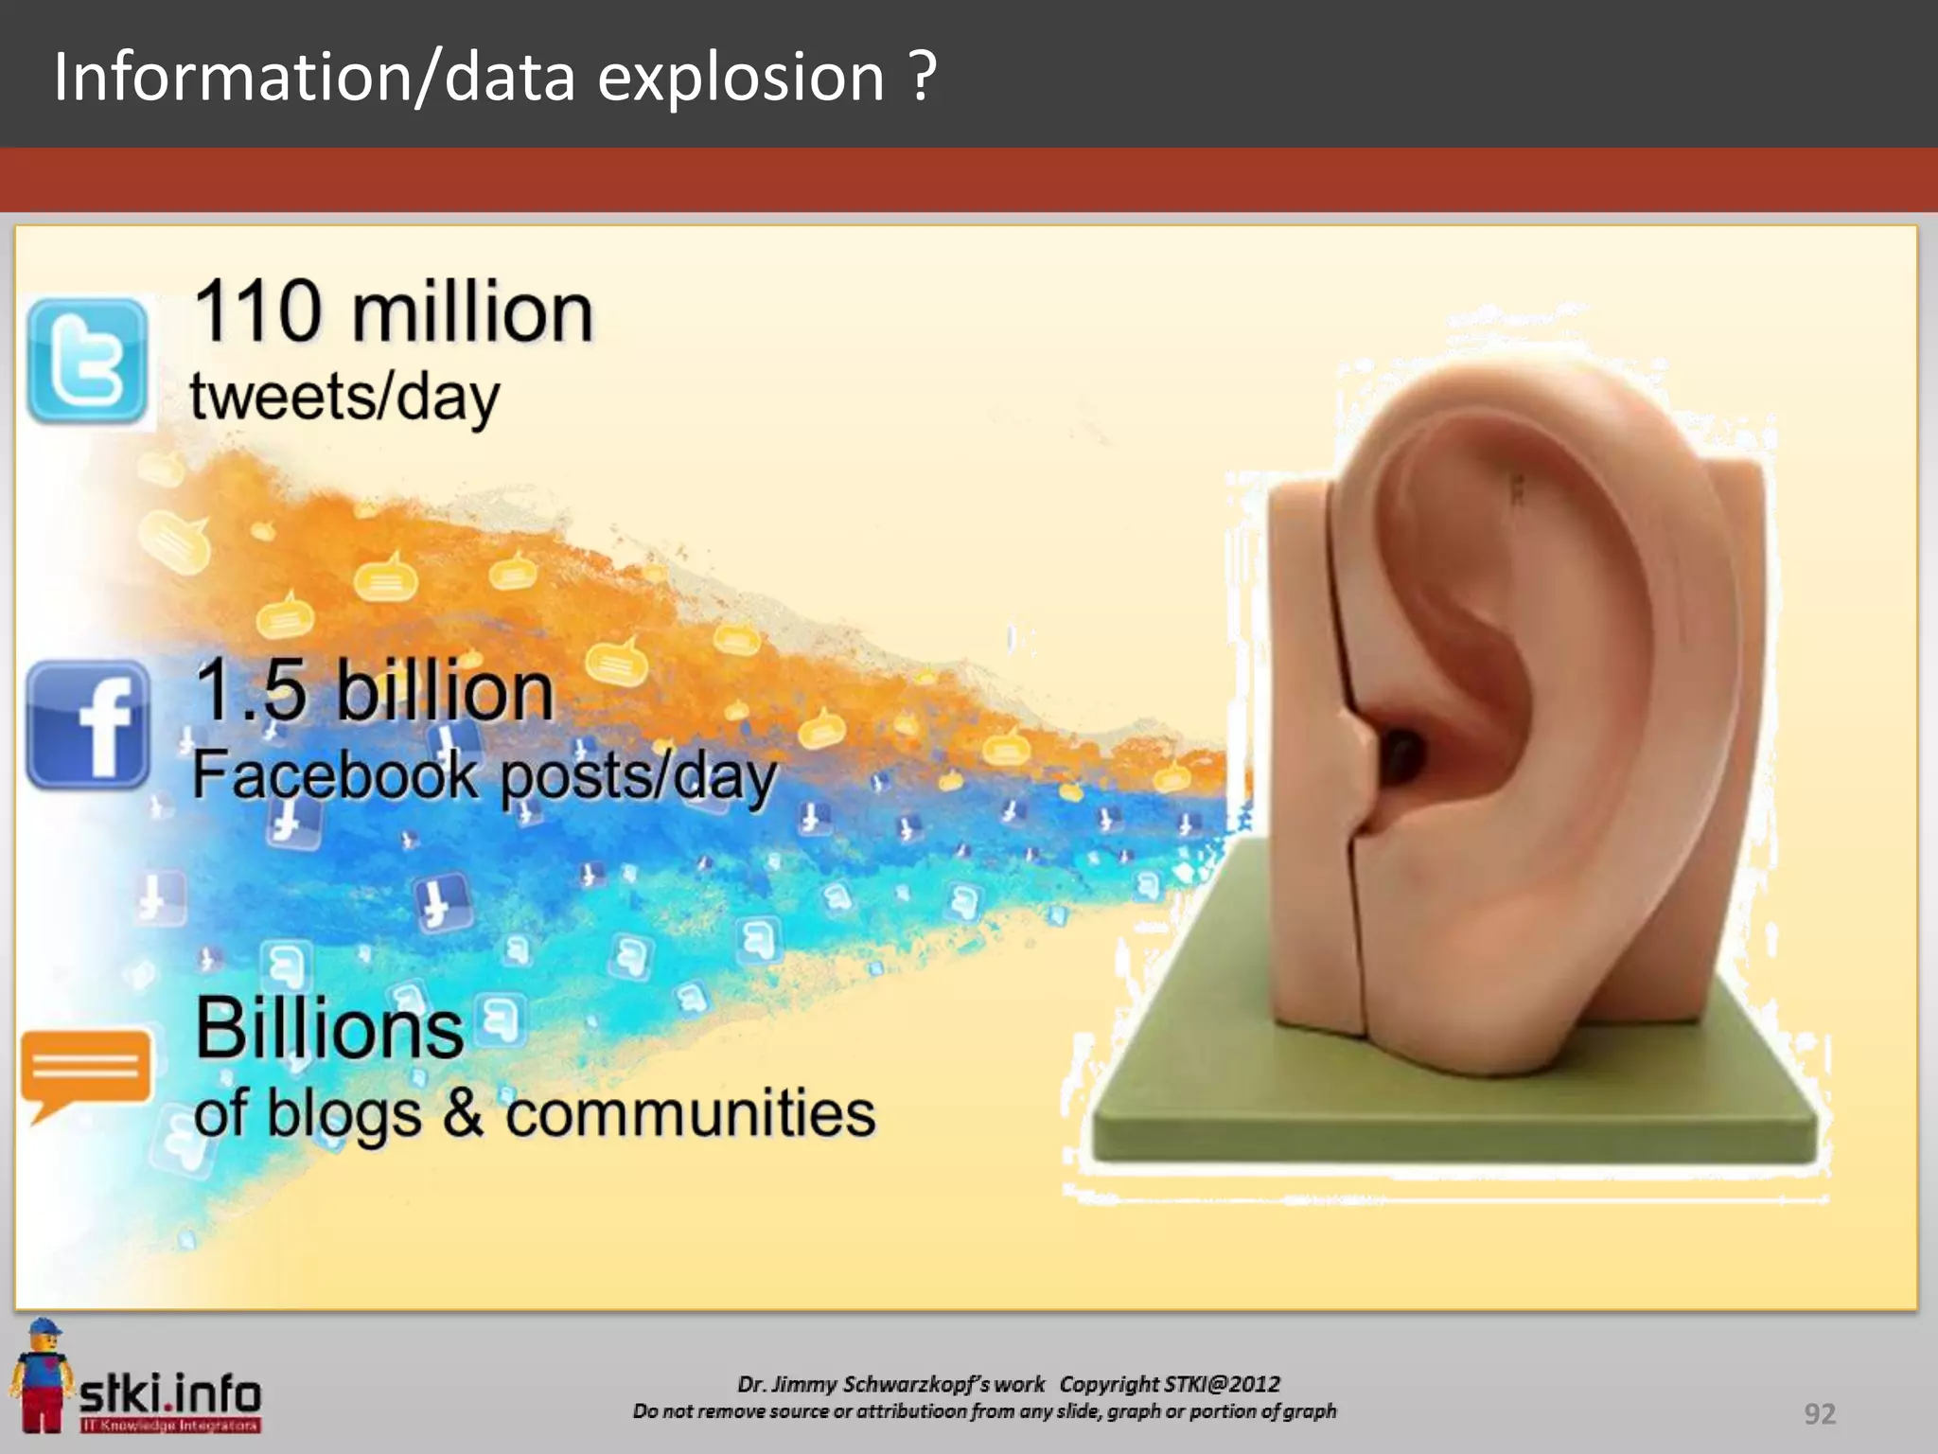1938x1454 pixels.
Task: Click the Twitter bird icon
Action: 87,362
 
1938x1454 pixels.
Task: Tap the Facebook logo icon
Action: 88,725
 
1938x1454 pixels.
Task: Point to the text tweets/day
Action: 344,398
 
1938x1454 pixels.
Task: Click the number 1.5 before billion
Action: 251,690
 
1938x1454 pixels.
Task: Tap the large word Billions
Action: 329,1029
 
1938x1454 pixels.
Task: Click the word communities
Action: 691,1113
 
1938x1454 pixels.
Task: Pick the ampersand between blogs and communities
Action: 462,1113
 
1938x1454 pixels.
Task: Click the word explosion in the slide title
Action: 741,77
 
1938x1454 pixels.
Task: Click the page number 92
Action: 1819,1413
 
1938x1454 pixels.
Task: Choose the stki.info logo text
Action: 170,1394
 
